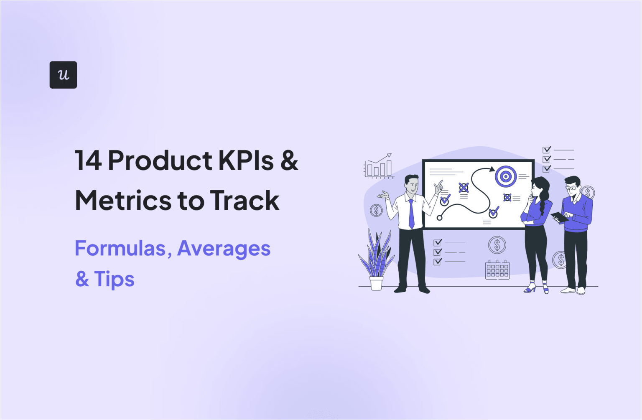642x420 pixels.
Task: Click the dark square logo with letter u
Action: pyautogui.click(x=63, y=75)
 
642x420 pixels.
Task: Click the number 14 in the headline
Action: pyautogui.click(x=88, y=160)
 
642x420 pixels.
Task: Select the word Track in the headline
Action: pyautogui.click(x=245, y=201)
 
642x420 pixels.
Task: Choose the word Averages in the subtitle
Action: pyautogui.click(x=224, y=249)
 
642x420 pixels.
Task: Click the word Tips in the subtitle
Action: pyautogui.click(x=114, y=279)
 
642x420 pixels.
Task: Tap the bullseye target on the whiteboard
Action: pyautogui.click(x=506, y=176)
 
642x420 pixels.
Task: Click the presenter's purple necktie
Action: pyautogui.click(x=411, y=213)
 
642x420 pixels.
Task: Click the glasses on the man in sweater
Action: pyautogui.click(x=571, y=188)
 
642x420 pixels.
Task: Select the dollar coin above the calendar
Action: pyautogui.click(x=497, y=245)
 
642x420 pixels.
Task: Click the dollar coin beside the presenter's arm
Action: pyautogui.click(x=376, y=210)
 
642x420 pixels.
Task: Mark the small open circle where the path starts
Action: pyautogui.click(x=439, y=218)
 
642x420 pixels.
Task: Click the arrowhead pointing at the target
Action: pyautogui.click(x=492, y=169)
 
